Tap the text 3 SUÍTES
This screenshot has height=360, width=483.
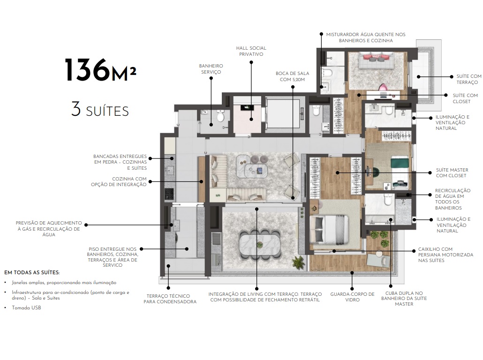coord(100,110)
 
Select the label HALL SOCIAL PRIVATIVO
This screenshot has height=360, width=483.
coord(251,51)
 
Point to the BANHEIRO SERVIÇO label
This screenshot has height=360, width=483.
coord(211,69)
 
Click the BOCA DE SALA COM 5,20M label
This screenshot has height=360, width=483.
coord(292,77)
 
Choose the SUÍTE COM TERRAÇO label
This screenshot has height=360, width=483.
coord(469,79)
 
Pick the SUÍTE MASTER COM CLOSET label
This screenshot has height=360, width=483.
coord(452,173)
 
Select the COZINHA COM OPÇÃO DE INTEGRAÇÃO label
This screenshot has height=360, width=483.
coord(119,182)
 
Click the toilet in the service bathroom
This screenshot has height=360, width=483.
coord(220,116)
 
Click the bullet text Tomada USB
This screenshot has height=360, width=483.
coord(27,308)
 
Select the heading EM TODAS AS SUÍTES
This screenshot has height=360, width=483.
coord(32,272)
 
